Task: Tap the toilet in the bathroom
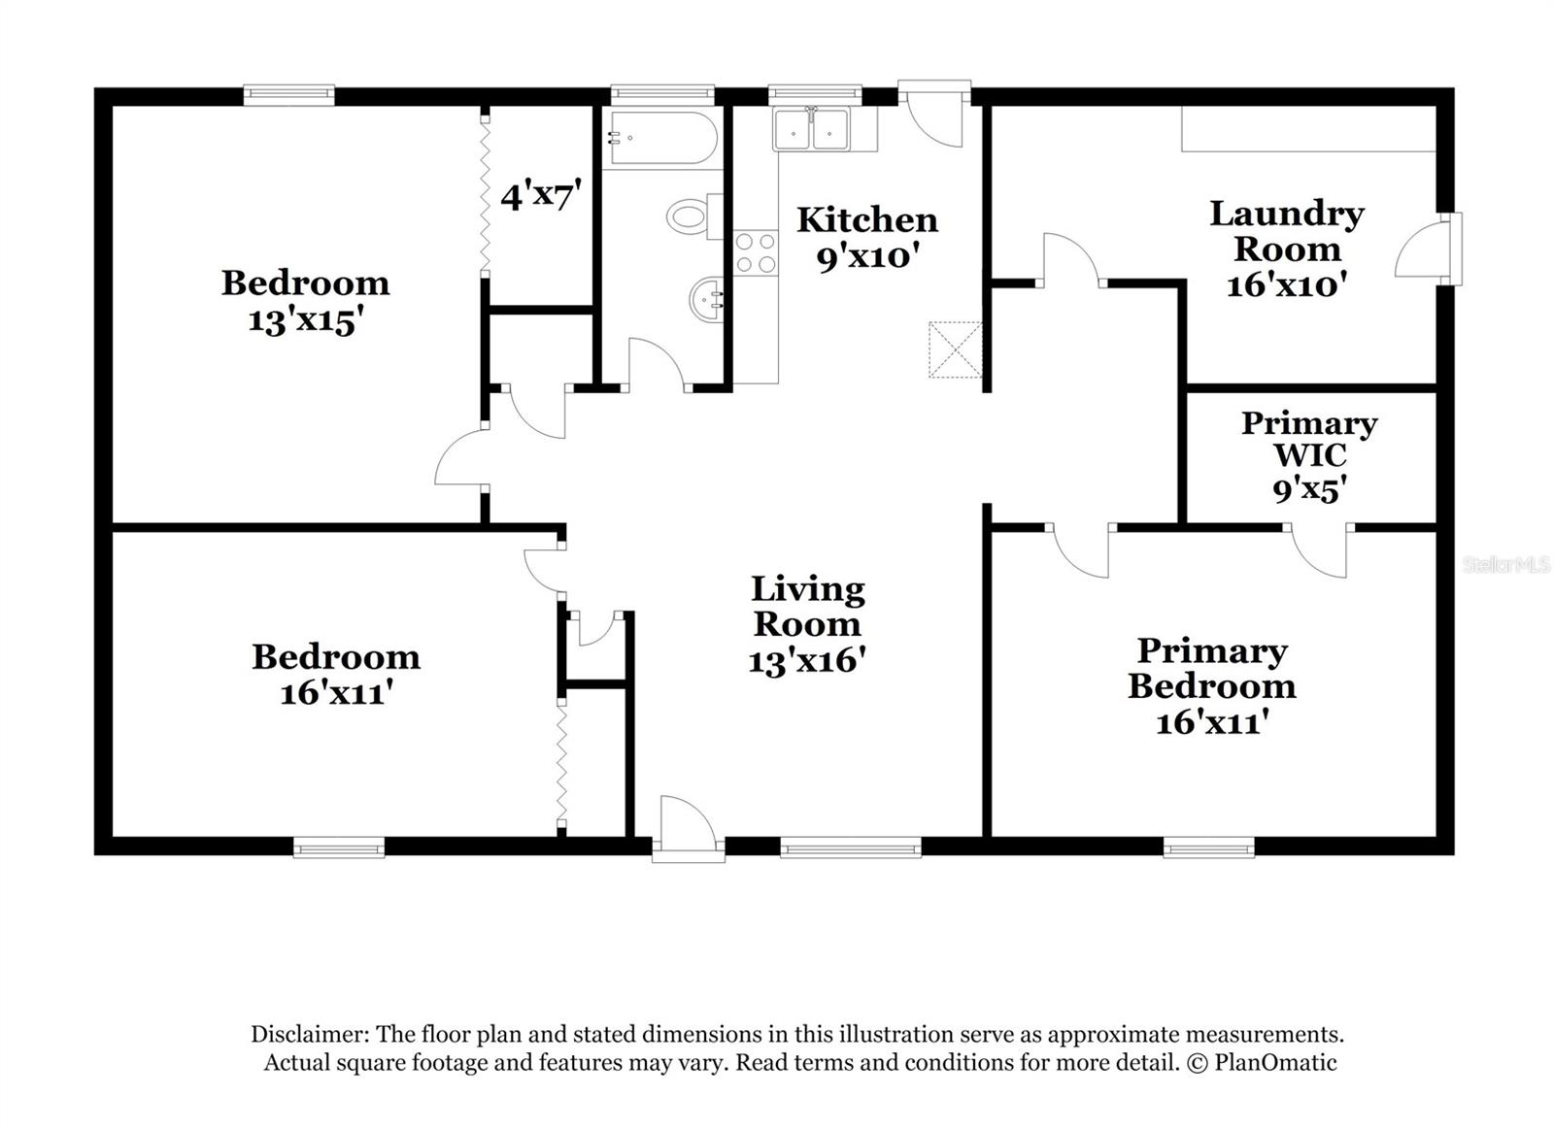693,216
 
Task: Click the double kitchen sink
812,129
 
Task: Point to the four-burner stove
756,252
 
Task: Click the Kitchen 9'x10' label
867,238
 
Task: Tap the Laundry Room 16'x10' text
1287,249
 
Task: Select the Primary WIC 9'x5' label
1308,455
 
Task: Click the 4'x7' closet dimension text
541,196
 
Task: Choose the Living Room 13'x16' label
807,624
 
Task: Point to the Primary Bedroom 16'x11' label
1211,685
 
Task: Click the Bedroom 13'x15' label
305,301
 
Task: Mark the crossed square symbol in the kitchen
955,349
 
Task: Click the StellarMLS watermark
1505,564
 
